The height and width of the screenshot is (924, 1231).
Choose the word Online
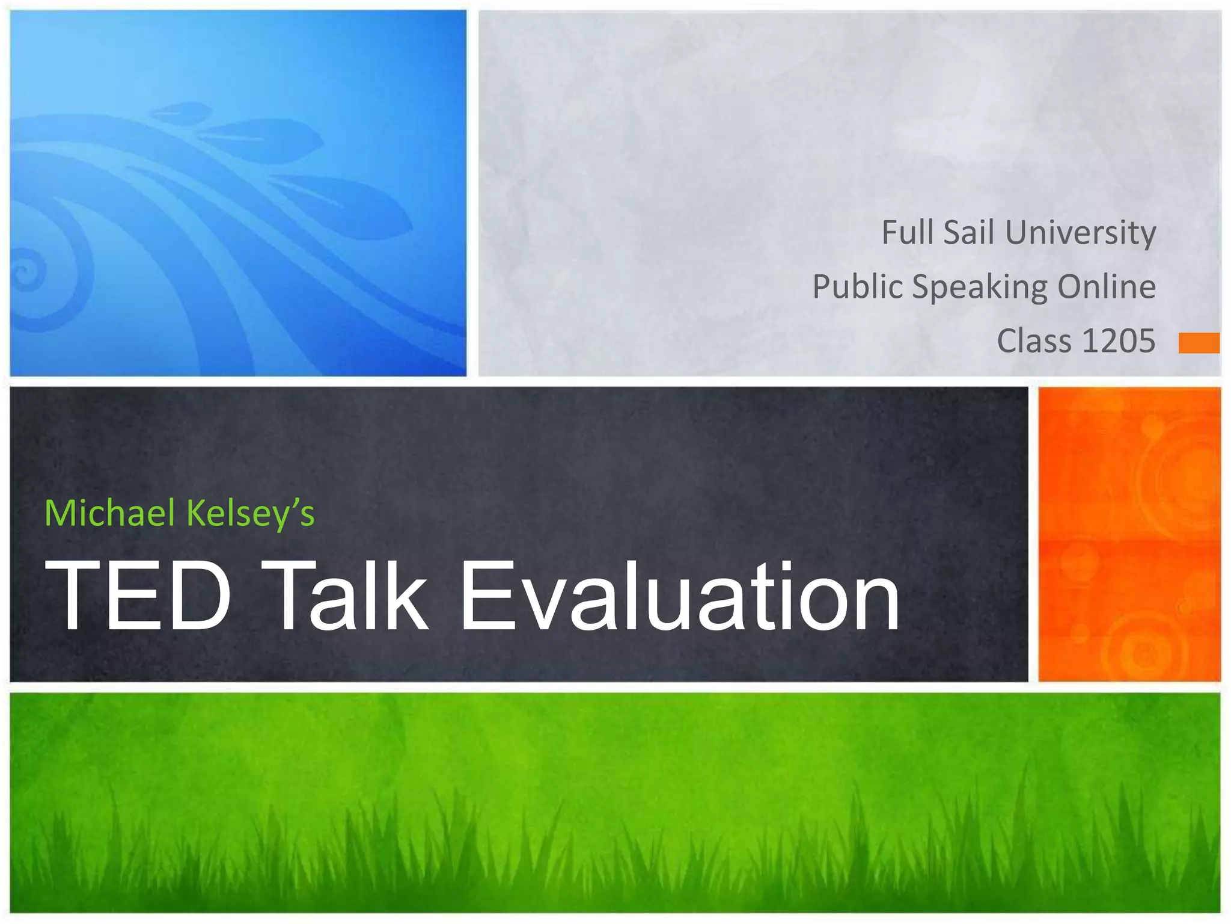tap(1106, 286)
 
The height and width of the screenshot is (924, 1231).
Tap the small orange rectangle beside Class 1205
tap(1199, 343)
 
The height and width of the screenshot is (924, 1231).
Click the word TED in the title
tap(138, 596)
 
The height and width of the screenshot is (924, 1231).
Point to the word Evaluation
tap(679, 596)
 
